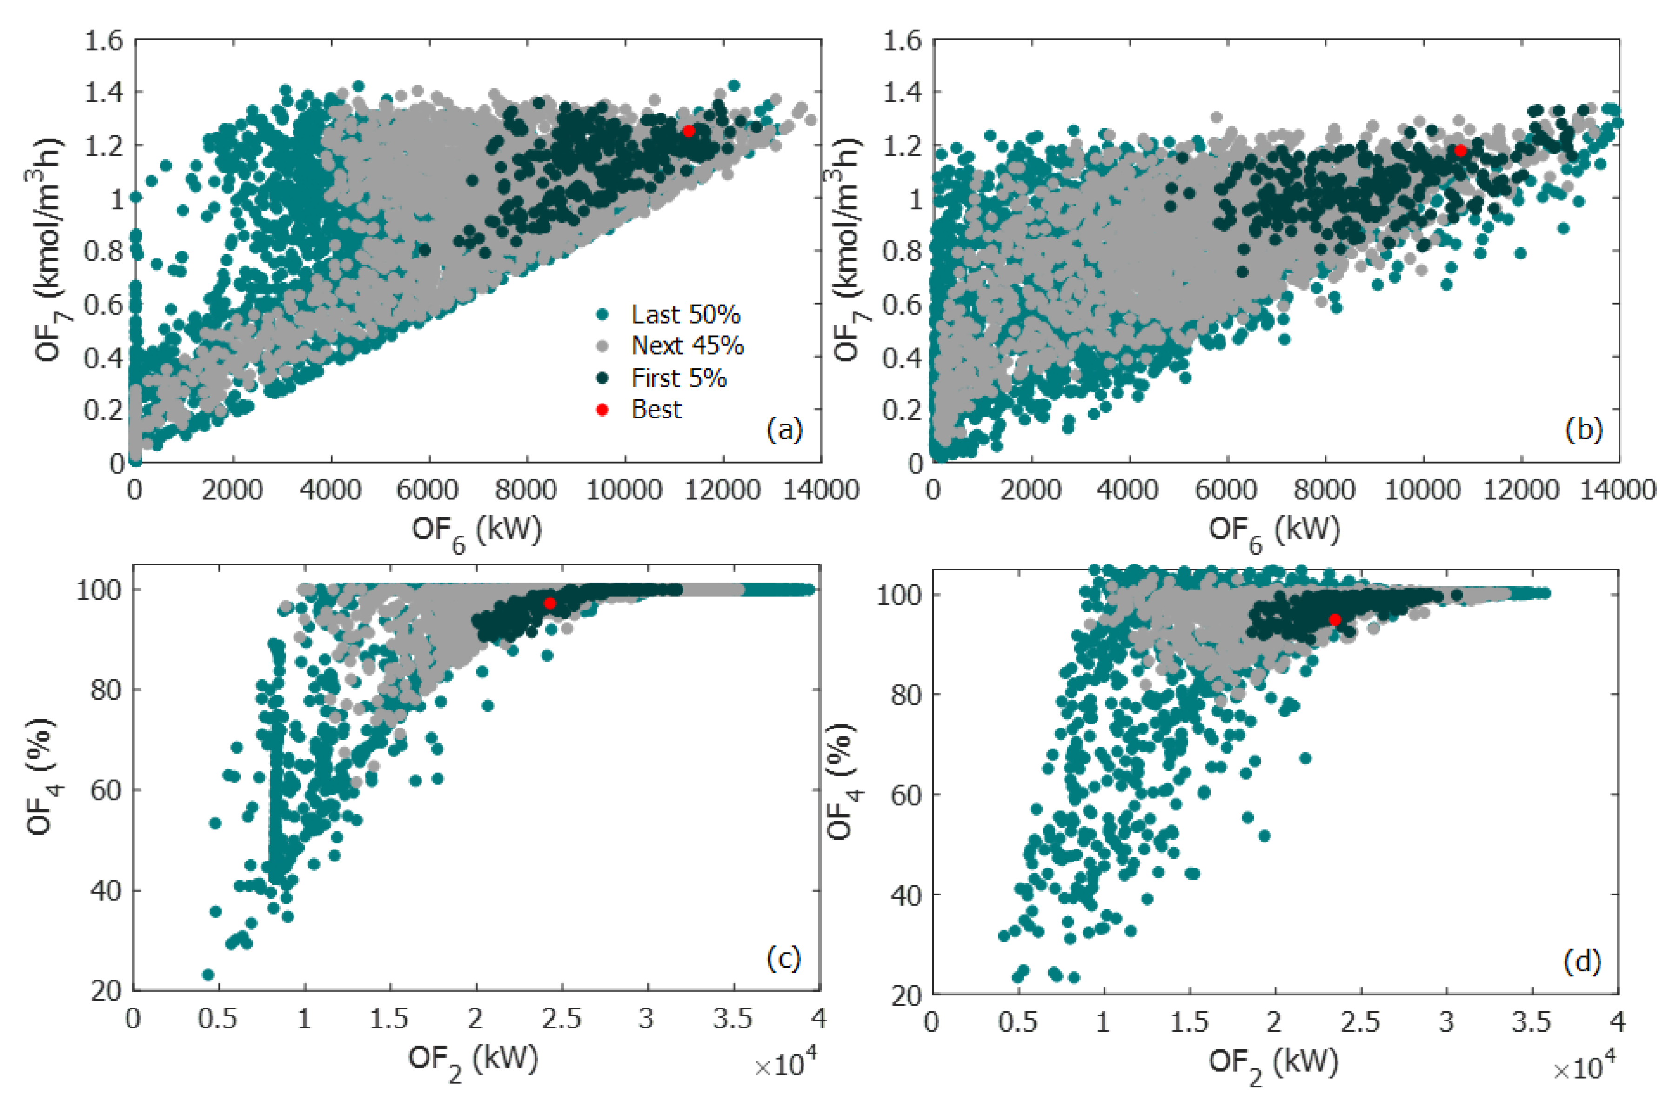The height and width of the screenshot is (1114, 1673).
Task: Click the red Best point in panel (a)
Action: point(688,131)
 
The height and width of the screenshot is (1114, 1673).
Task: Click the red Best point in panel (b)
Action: point(1460,150)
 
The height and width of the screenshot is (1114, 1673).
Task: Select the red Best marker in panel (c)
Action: point(550,603)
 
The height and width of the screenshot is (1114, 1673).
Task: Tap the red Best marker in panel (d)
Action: point(1335,619)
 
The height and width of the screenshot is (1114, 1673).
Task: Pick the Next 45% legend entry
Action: point(687,346)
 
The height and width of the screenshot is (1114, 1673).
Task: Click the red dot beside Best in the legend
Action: point(602,410)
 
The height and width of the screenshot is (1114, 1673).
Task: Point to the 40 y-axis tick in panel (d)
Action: point(905,895)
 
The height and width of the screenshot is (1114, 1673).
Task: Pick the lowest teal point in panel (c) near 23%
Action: point(208,974)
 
